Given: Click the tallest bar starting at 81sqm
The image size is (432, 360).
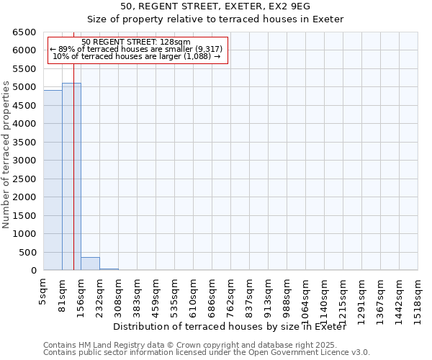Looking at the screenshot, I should (71, 176).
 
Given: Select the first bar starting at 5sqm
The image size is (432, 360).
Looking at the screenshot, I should (53, 180).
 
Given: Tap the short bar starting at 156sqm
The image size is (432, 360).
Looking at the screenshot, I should (90, 264).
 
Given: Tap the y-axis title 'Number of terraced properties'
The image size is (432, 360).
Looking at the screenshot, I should (6, 155).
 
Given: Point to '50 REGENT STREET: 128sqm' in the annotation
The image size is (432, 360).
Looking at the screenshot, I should (136, 42).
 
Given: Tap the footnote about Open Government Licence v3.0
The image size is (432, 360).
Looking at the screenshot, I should (207, 353).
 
